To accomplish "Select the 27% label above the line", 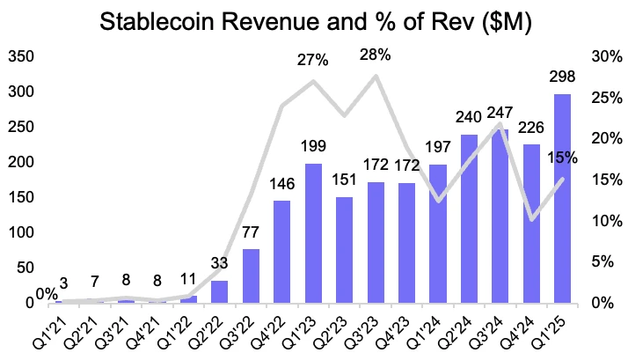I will pyautogui.click(x=312, y=61).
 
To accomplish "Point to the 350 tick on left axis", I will pyautogui.click(x=21, y=57).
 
